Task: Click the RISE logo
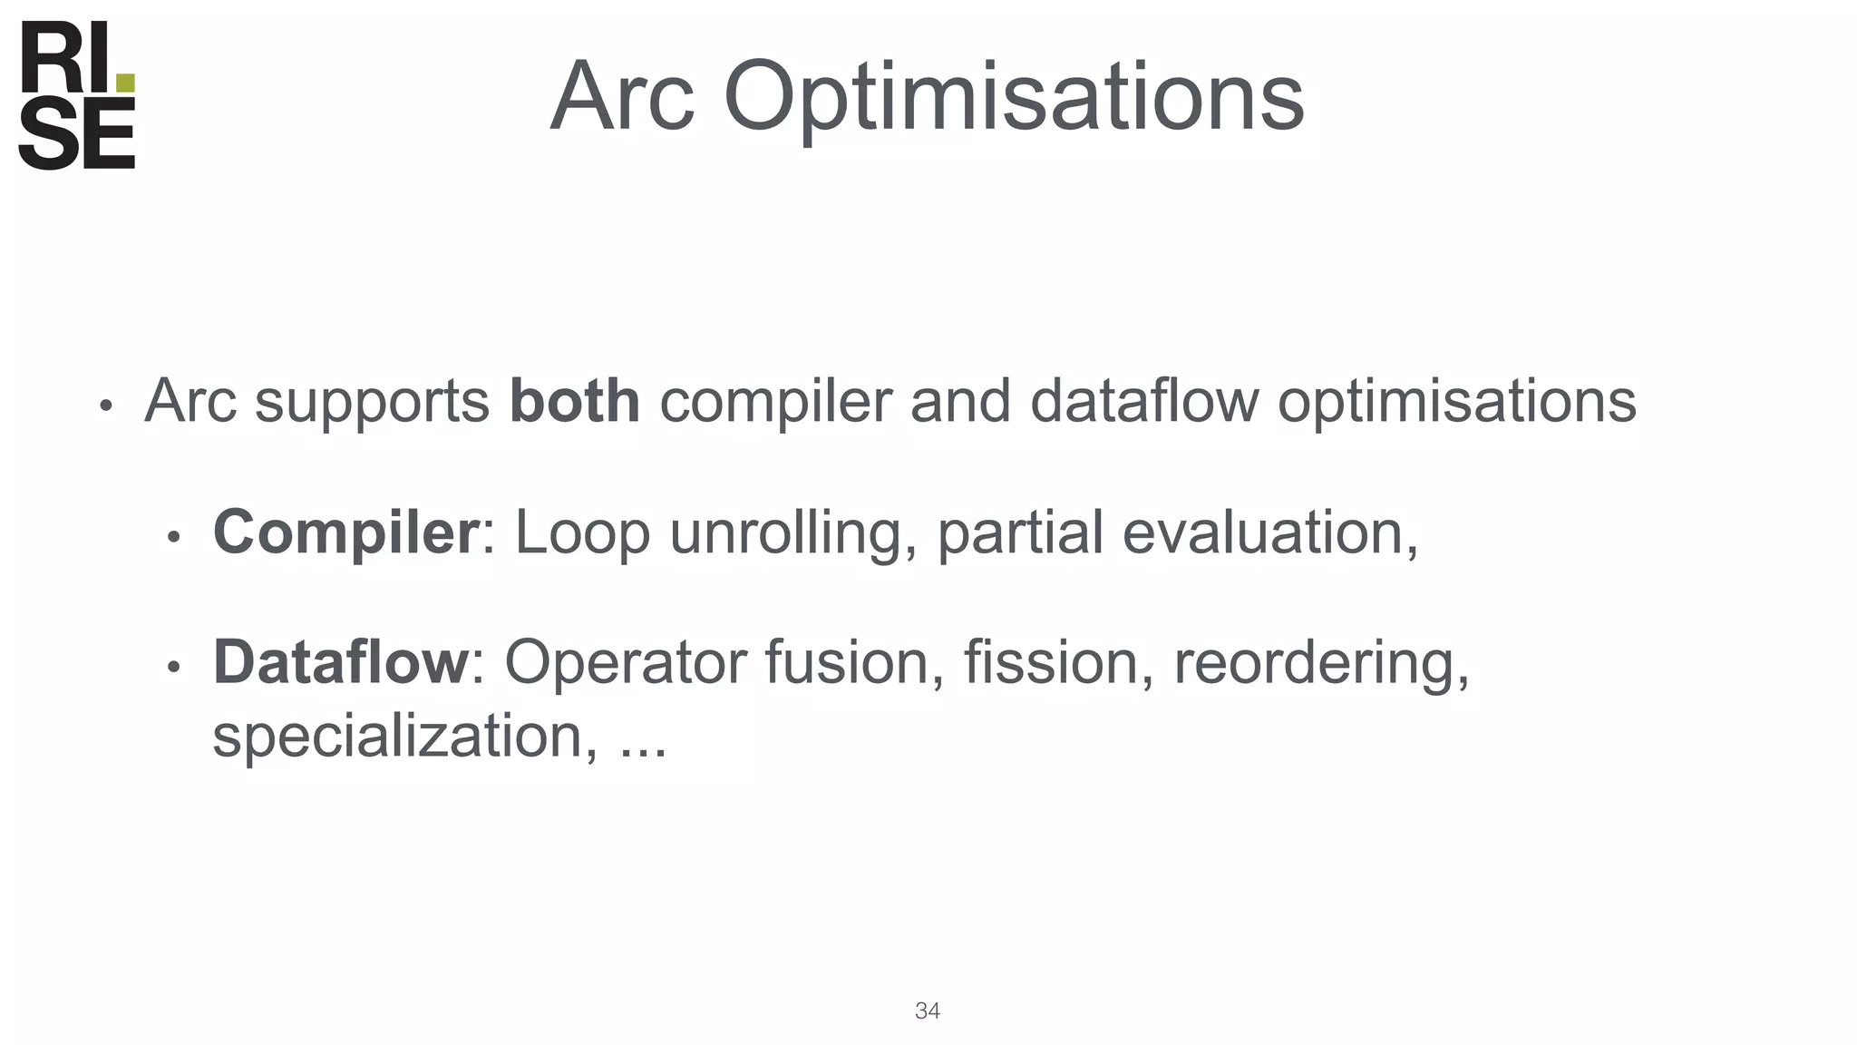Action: tap(77, 95)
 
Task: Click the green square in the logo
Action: tap(126, 83)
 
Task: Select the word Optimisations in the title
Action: tap(1013, 98)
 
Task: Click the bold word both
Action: tap(574, 401)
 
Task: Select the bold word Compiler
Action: tap(345, 533)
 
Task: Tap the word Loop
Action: tap(582, 533)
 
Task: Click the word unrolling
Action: tap(794, 533)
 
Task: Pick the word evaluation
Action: tap(1269, 532)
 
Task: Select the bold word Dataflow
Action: tap(340, 662)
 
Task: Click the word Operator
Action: tap(625, 663)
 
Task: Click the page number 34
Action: tap(927, 1011)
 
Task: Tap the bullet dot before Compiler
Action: tap(174, 537)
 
